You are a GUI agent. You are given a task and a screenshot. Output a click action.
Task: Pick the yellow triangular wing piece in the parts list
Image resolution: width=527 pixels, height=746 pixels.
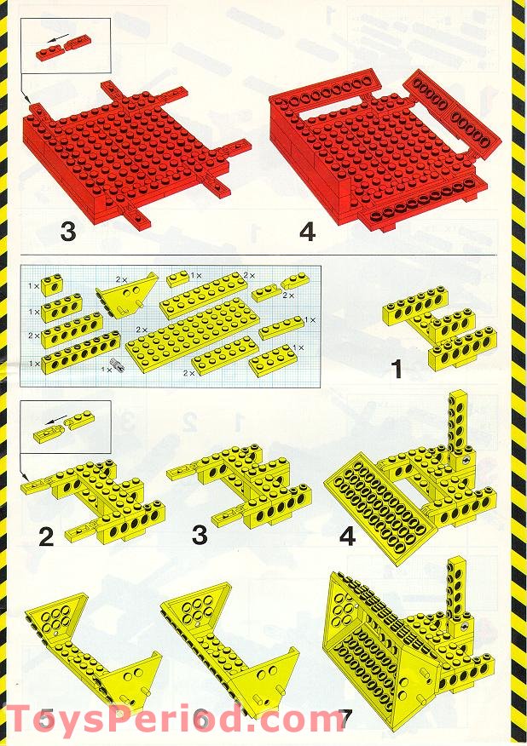pos(131,298)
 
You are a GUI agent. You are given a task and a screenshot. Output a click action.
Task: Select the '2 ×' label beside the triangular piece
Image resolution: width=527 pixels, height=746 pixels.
pos(121,278)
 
